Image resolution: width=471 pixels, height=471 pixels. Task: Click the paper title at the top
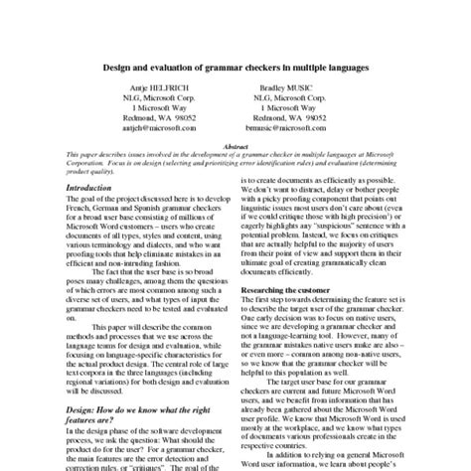coord(235,68)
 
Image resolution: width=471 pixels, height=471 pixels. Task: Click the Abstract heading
coord(235,146)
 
